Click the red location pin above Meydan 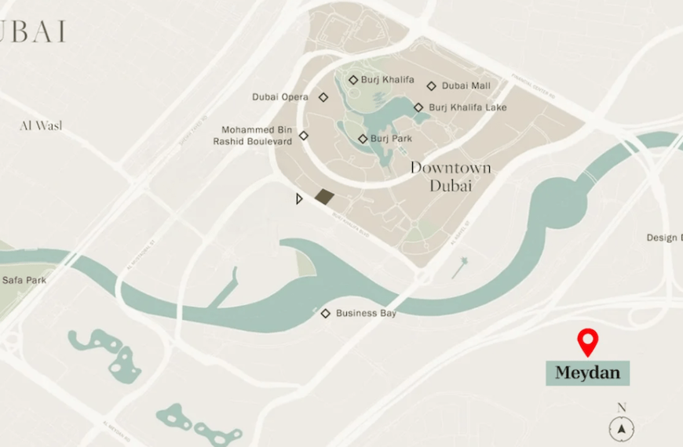[587, 341]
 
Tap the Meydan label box [587, 372]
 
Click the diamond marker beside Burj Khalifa [353, 80]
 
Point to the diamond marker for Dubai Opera [323, 97]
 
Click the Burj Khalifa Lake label [468, 107]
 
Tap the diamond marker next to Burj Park [363, 139]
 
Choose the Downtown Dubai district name [450, 176]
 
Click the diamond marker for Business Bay [326, 314]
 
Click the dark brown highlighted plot [323, 197]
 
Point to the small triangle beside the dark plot [299, 199]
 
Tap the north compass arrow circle [622, 429]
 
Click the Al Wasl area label [41, 125]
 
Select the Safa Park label [24, 280]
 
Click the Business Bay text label [366, 314]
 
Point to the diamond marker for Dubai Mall [431, 86]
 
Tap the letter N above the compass [622, 408]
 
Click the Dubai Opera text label [280, 97]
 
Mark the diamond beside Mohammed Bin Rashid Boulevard [304, 136]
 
